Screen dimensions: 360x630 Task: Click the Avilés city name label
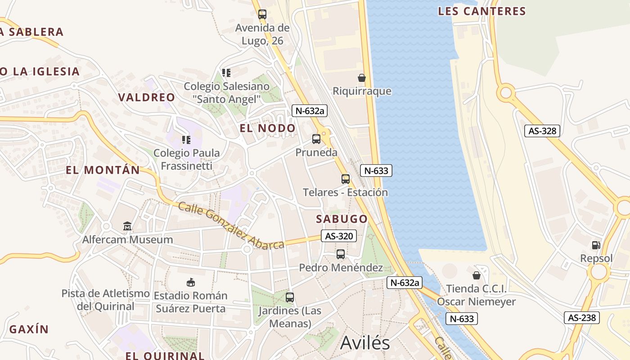point(365,343)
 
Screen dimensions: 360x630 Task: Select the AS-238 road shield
point(582,318)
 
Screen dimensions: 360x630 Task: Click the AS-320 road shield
point(339,236)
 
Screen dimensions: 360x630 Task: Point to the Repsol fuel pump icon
point(596,245)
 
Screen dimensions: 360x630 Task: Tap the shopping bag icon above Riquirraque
point(361,78)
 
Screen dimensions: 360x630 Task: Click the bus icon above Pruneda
point(316,139)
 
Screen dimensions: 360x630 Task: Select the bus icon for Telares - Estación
point(345,179)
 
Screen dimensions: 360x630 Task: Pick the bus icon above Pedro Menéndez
point(341,254)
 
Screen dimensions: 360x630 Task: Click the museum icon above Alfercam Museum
point(127,226)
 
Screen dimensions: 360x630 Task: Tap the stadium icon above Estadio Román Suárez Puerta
point(190,282)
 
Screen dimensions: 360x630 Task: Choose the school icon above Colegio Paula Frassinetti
point(186,140)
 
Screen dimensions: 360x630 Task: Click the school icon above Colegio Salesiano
point(226,73)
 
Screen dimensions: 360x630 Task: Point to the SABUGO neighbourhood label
point(342,219)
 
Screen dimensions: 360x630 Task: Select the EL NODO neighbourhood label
point(267,128)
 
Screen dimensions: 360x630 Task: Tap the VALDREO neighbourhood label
point(147,97)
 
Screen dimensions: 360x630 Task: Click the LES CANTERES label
point(482,11)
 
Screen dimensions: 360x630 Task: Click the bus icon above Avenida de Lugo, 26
point(262,14)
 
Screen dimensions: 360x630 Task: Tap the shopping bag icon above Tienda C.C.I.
point(477,275)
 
